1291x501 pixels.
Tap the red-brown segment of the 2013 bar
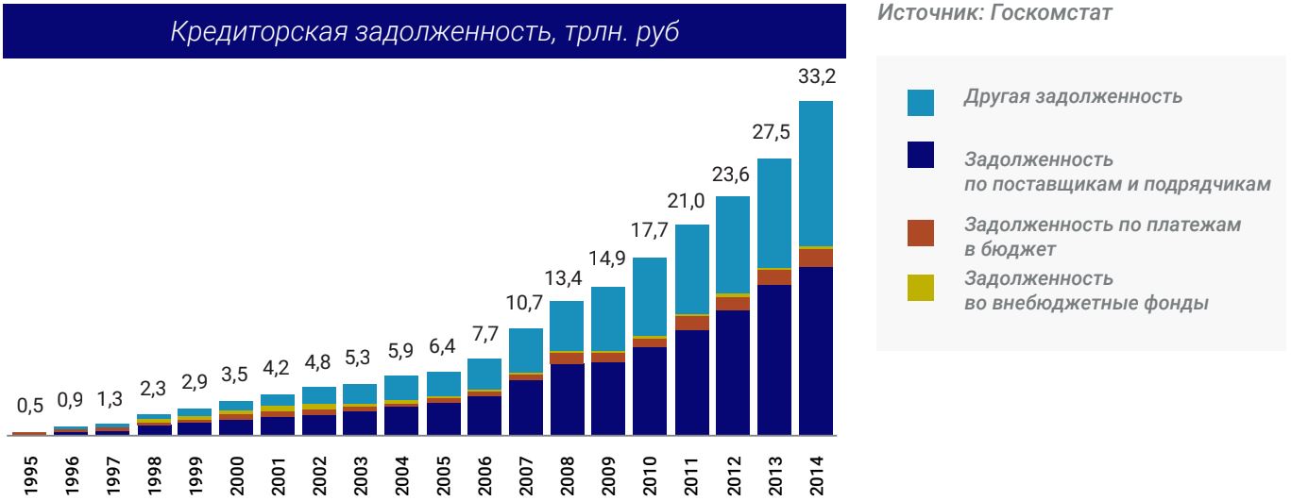774,277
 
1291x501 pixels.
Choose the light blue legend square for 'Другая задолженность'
920,103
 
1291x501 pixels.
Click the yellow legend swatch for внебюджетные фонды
920,288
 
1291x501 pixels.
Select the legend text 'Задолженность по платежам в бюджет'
1101,236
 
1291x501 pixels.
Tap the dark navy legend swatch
920,156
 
